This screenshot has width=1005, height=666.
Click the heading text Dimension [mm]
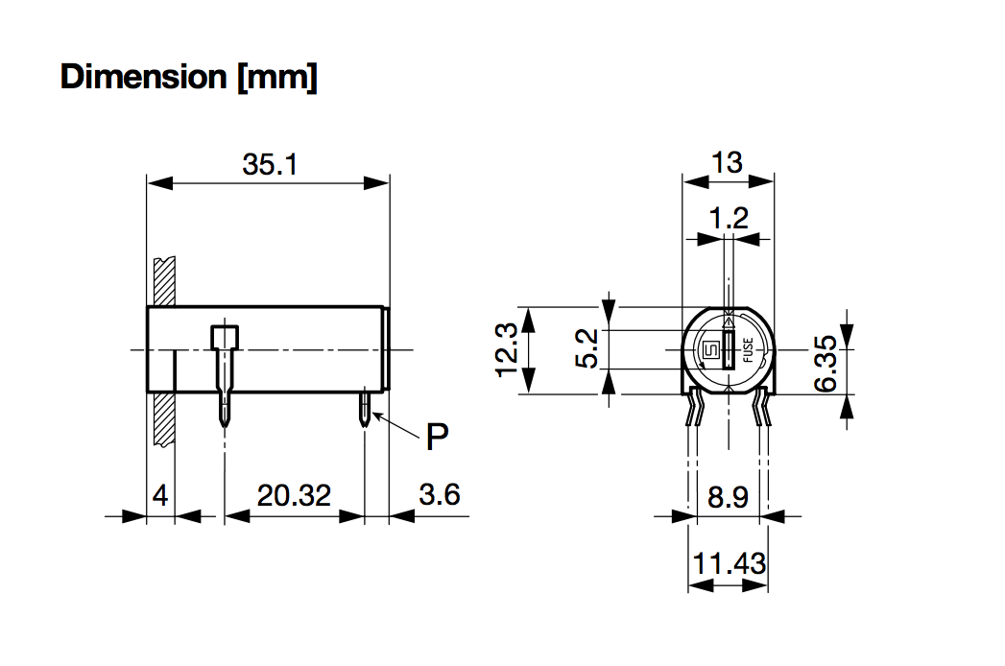pos(188,77)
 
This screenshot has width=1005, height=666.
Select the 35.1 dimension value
pos(270,165)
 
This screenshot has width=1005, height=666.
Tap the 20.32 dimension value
pos(294,496)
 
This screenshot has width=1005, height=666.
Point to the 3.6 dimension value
pos(440,495)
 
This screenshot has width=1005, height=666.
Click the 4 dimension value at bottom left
pos(160,496)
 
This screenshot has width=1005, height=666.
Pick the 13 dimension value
pos(728,163)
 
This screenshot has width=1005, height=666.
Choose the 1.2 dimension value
pos(730,219)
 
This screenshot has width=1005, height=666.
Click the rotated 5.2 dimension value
pos(587,348)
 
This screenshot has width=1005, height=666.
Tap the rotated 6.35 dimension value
pos(826,362)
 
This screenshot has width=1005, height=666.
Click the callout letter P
pos(437,438)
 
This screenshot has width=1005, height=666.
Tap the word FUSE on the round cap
pos(748,354)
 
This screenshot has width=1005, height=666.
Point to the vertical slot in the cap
pos(729,351)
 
